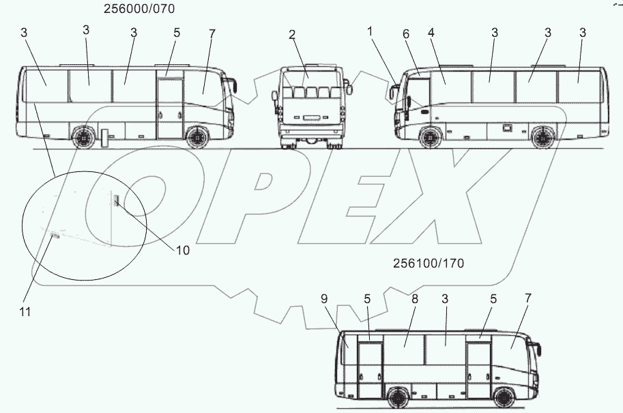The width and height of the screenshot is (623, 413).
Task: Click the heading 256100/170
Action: tap(429, 264)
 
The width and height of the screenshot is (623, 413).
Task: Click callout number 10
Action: tap(182, 250)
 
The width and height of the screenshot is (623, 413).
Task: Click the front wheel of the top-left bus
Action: tap(197, 137)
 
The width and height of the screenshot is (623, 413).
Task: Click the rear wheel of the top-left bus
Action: tap(84, 137)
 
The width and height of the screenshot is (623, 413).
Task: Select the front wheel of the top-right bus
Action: tap(429, 137)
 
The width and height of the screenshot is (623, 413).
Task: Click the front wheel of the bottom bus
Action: tap(505, 399)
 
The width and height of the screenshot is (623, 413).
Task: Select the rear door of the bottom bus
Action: tap(370, 373)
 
